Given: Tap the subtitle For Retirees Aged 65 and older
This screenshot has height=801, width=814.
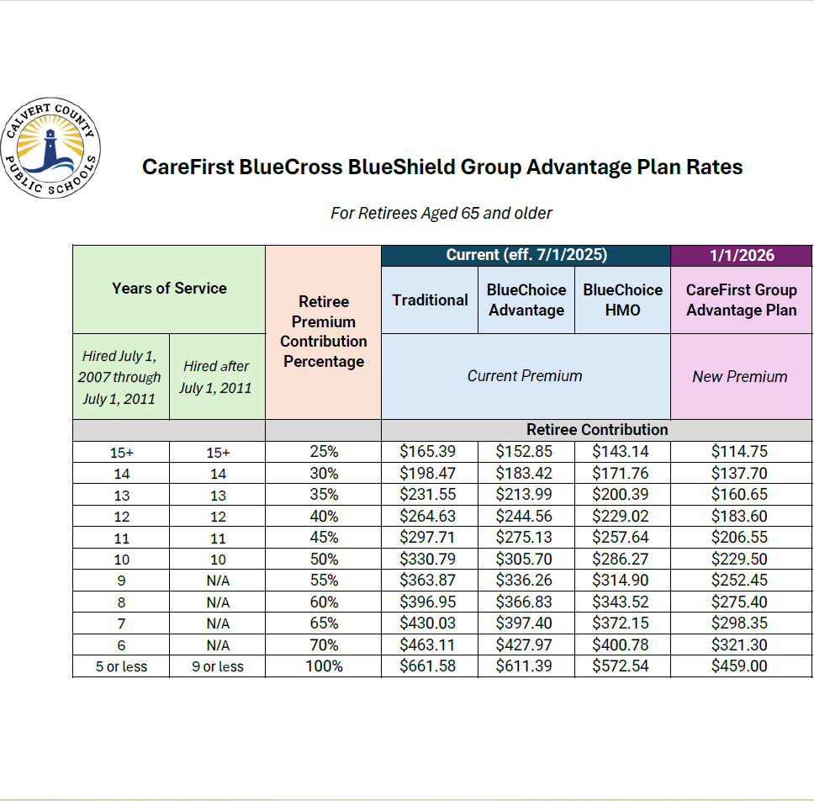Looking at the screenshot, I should (441, 213).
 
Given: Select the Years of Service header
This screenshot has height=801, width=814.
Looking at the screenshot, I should (169, 288).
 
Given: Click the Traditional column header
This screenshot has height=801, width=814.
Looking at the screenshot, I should (430, 300).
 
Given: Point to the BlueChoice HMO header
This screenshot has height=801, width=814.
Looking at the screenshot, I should (622, 300).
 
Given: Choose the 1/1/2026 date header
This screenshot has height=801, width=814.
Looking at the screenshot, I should (741, 255).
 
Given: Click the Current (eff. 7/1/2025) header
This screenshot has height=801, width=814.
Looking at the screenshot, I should (526, 255).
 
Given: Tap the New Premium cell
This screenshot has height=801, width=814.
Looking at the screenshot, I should (740, 376).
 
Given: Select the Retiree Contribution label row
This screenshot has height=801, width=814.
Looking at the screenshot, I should (597, 429).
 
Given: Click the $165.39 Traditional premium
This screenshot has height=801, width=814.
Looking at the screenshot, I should (430, 451).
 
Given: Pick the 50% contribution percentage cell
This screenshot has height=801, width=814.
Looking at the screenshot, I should (324, 559).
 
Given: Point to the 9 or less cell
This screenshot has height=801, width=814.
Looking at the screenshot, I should (217, 667).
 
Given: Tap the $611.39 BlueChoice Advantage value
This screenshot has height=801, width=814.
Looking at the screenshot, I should (526, 666).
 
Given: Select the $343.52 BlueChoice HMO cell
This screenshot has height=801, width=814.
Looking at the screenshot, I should (622, 602).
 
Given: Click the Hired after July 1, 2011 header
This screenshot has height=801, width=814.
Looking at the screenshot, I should (217, 376).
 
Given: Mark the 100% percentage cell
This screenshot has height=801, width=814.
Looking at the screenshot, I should (324, 666).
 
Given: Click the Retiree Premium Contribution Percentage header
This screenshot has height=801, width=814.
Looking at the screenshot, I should (324, 332).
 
